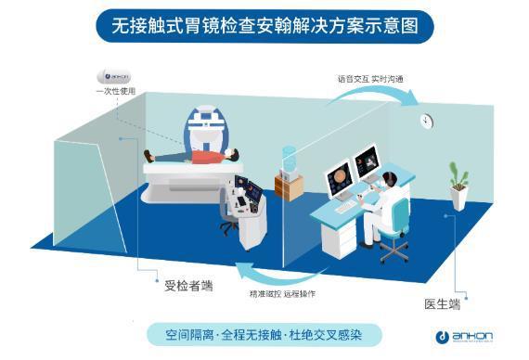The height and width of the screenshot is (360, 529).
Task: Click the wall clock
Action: (x=426, y=121)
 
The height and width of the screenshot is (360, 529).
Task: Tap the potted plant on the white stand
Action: (x=456, y=176)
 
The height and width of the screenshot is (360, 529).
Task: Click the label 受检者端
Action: (x=188, y=284)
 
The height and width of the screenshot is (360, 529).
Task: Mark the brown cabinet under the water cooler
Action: (x=289, y=186)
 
